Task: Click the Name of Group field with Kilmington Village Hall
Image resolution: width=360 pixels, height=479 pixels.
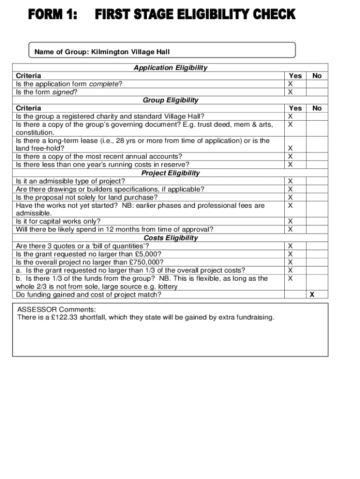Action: pos(102,52)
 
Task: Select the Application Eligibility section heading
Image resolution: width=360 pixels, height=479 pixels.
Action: pos(170,68)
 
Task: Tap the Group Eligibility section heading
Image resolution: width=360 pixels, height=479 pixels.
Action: pos(170,100)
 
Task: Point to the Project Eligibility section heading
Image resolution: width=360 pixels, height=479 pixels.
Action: pos(170,173)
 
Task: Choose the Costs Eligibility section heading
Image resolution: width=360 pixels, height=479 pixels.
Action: pos(170,238)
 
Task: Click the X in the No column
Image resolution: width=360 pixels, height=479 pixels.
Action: pos(312,295)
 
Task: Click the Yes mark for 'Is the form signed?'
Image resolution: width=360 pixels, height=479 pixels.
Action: pos(290,92)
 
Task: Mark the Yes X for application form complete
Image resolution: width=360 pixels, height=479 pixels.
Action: pos(290,84)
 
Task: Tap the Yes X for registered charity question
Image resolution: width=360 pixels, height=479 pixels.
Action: pos(290,116)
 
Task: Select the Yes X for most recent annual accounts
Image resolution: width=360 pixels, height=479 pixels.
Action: pos(290,157)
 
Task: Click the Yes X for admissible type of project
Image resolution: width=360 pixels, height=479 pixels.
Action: pos(290,181)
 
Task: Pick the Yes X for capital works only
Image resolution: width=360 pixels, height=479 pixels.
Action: pos(290,221)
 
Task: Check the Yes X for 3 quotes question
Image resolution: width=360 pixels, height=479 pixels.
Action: pos(290,246)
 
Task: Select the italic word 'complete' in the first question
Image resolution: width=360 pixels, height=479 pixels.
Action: pos(104,84)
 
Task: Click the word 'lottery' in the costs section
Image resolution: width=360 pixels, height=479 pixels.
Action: pos(167,286)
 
